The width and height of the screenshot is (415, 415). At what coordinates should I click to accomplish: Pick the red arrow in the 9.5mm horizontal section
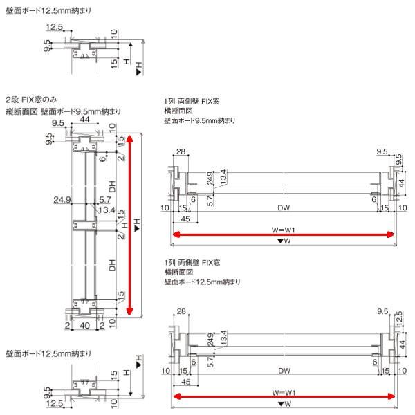[x=283, y=235]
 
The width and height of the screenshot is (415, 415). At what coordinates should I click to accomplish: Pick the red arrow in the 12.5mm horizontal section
[x=283, y=397]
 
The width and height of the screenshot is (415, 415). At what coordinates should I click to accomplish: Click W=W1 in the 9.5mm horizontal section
[x=283, y=228]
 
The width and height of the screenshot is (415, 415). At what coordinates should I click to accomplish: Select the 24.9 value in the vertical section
[x=64, y=201]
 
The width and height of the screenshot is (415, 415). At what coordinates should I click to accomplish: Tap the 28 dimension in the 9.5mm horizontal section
[x=182, y=151]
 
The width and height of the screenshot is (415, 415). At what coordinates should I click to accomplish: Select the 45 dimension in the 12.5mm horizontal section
[x=185, y=381]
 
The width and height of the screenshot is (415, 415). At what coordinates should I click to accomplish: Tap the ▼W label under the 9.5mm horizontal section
[x=283, y=241]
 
